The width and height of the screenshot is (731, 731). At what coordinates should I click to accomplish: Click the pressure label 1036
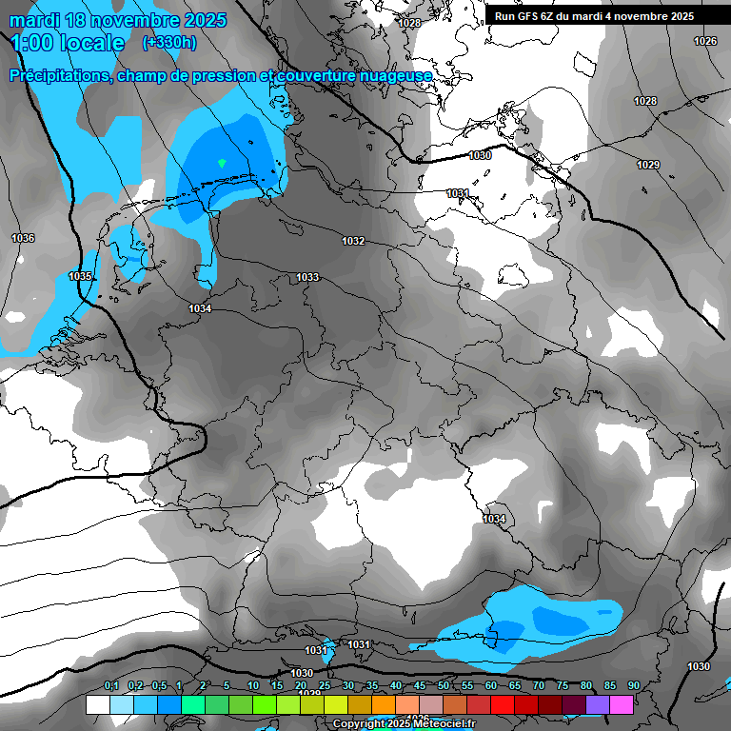[x=23, y=238]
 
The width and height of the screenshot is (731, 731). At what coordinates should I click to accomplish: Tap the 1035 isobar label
[x=81, y=276]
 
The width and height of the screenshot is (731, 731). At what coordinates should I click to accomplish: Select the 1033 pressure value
[x=307, y=277]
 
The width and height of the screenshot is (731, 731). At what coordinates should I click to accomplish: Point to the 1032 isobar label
[x=353, y=241]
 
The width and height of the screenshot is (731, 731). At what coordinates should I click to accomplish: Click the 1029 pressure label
[x=648, y=165]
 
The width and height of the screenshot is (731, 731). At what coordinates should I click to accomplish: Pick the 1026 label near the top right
[x=705, y=41]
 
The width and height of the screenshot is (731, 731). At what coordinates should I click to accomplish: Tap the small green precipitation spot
[x=222, y=163]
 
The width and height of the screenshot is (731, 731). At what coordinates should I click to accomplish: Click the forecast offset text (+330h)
[x=169, y=43]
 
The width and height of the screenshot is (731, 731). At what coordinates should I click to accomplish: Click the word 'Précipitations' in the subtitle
[x=59, y=75]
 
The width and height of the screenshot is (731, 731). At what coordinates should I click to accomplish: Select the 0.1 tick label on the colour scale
[x=111, y=685]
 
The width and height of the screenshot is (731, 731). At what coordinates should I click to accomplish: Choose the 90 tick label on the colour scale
[x=634, y=685]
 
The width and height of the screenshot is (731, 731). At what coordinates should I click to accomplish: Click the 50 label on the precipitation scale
[x=444, y=685]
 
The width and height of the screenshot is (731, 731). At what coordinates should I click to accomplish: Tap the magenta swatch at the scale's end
[x=622, y=704]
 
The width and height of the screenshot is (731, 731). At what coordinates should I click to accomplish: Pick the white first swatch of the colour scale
[x=97, y=704]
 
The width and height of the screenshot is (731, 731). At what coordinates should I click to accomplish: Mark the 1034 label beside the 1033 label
[x=200, y=308]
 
